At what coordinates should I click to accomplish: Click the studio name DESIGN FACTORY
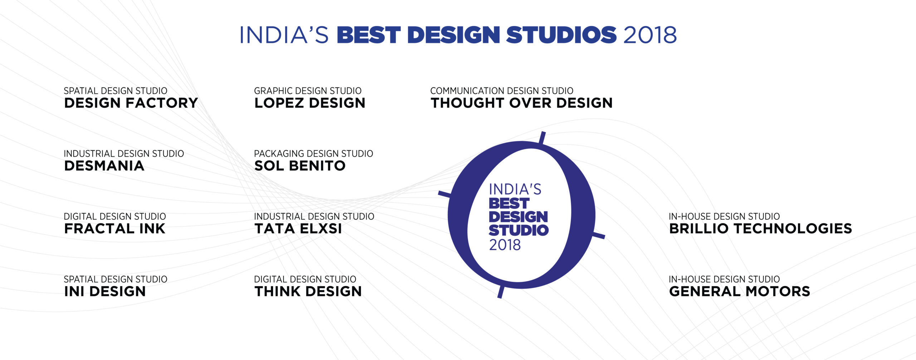pyautogui.click(x=131, y=103)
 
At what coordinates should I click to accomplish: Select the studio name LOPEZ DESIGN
pyautogui.click(x=310, y=103)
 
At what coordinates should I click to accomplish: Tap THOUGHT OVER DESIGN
pyautogui.click(x=522, y=103)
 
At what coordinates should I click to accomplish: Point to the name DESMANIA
pyautogui.click(x=104, y=166)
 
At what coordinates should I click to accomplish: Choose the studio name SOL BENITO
pyautogui.click(x=300, y=166)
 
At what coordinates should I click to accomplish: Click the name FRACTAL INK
pyautogui.click(x=115, y=229)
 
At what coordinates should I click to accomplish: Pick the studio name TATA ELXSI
pyautogui.click(x=298, y=229)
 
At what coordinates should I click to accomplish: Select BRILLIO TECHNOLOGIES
pyautogui.click(x=760, y=229)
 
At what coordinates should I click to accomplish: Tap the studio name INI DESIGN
pyautogui.click(x=105, y=291)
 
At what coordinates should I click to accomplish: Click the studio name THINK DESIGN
pyautogui.click(x=308, y=291)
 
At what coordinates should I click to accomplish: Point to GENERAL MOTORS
pyautogui.click(x=740, y=291)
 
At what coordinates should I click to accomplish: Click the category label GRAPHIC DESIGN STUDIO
pyautogui.click(x=308, y=91)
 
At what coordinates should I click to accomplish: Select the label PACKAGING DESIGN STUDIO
pyautogui.click(x=313, y=154)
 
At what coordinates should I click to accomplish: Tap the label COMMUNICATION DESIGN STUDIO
pyautogui.click(x=502, y=91)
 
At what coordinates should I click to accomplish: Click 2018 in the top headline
pyautogui.click(x=650, y=35)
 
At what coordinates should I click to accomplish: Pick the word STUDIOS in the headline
pyautogui.click(x=561, y=35)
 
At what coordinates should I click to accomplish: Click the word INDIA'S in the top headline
pyautogui.click(x=284, y=35)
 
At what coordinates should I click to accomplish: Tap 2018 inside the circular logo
pyautogui.click(x=505, y=245)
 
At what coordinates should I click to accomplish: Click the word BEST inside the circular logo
pyautogui.click(x=509, y=204)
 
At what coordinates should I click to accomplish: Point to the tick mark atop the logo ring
pyautogui.click(x=542, y=138)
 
